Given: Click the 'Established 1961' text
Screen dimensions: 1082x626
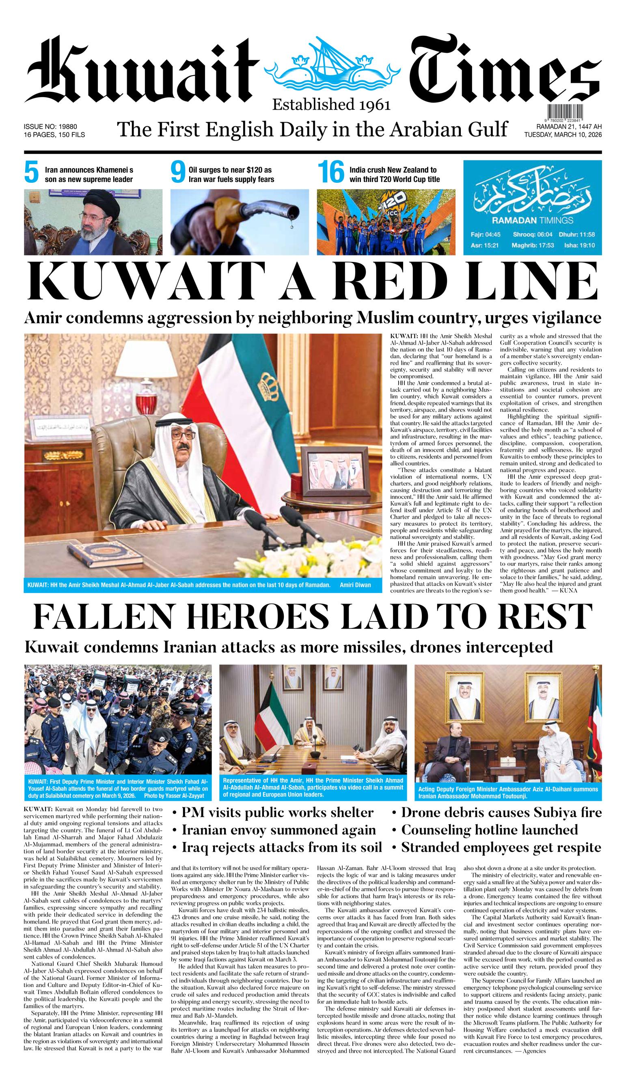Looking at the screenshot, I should pos(331,104).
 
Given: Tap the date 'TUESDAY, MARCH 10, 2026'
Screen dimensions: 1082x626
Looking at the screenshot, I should pos(563,135).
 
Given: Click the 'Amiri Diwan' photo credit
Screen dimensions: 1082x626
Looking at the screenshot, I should pos(355,585).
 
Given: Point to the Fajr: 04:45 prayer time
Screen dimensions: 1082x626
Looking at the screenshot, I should pos(484,235).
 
